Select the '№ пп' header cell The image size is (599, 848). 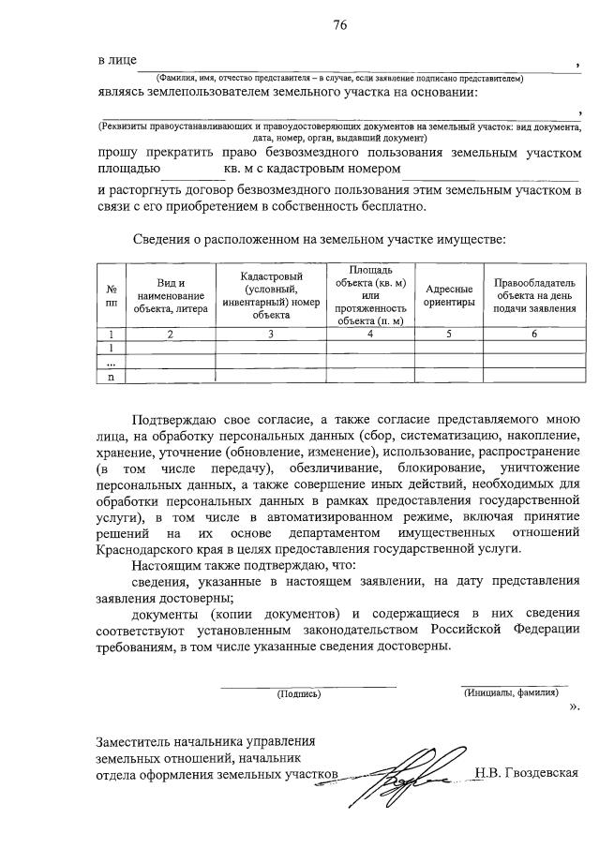(112, 296)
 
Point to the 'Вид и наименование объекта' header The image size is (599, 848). (170, 296)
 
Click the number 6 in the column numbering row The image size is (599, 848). (532, 334)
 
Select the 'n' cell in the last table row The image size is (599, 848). (112, 377)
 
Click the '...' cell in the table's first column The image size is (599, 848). (112, 362)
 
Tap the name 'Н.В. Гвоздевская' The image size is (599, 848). (527, 774)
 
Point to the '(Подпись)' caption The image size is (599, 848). (298, 694)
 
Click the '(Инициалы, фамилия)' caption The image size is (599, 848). (512, 692)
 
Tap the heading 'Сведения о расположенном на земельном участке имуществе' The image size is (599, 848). (319, 239)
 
